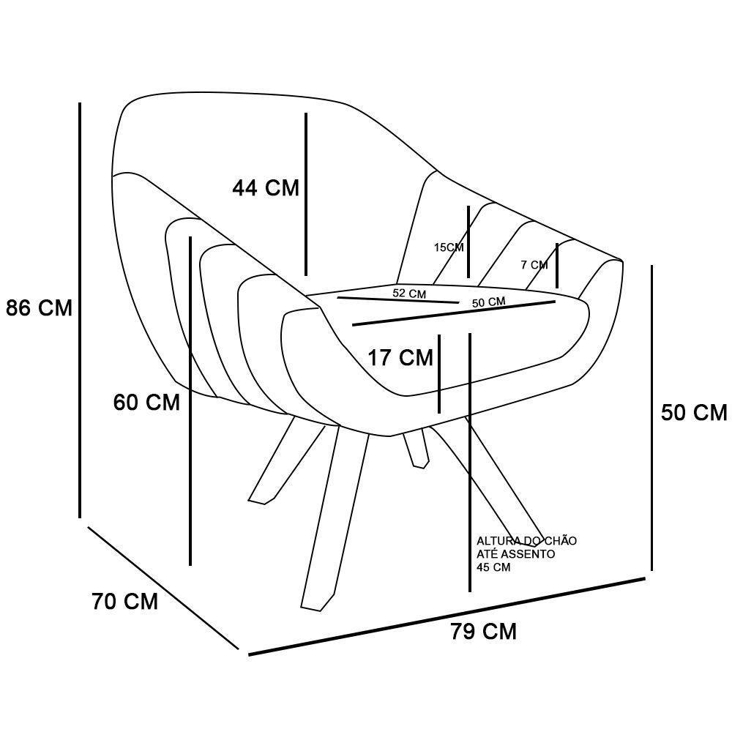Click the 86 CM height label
pos(40,308)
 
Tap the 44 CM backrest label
pos(266,187)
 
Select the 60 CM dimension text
pos(146,403)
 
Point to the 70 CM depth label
pos(125,601)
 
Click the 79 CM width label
pos(484,632)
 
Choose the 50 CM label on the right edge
pos(694,413)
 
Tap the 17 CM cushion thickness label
pos(400,358)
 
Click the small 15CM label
pos(449,247)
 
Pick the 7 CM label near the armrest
pos(534,265)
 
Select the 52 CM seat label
pos(409,294)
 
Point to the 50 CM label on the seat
pos(489,302)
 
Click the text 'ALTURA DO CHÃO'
pos(526,541)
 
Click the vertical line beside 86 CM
pos(80,310)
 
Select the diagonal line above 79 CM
pos(447,616)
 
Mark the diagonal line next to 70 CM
pos(163,588)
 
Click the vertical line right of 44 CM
pos(306,194)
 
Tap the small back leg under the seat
pos(417,449)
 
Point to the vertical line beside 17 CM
pos(439,374)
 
